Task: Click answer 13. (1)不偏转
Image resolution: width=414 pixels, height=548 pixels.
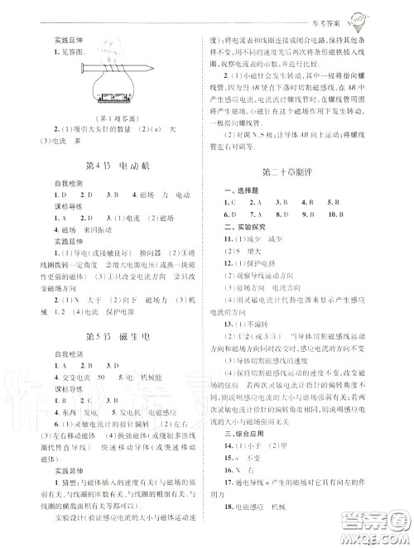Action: click(x=252, y=324)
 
